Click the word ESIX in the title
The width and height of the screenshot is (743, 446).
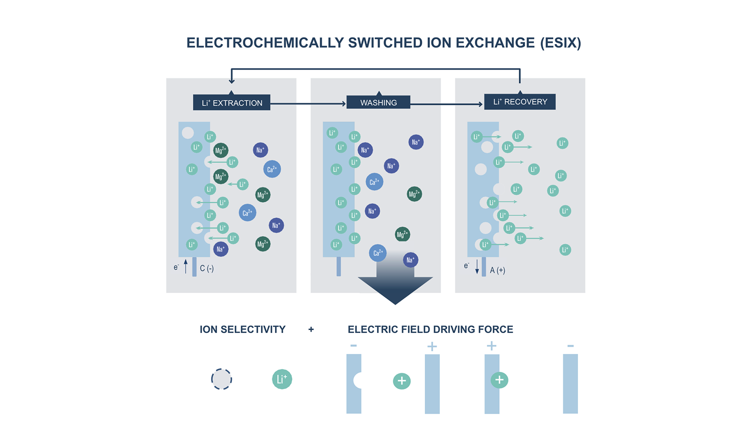[x=560, y=43]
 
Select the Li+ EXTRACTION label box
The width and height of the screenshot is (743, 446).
[x=232, y=103]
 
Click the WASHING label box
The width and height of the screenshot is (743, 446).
[x=378, y=103]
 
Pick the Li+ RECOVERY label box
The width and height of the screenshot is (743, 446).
[x=520, y=102]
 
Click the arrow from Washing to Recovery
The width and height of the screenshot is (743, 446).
[x=446, y=104]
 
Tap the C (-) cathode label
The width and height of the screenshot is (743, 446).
[x=206, y=268]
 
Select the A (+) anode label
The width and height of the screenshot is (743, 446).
[x=497, y=270]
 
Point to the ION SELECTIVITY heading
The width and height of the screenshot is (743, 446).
[x=243, y=329]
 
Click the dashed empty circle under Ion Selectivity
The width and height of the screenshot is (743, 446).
[x=222, y=379]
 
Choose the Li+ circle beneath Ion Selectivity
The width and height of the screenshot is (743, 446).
[x=282, y=379]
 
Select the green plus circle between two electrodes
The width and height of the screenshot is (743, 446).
[x=402, y=381]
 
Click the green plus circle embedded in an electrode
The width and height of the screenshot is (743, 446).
[x=499, y=380]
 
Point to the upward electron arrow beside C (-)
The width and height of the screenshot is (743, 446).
[x=186, y=267]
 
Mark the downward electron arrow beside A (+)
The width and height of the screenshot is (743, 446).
[x=477, y=267]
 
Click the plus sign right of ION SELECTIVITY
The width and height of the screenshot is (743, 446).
[x=311, y=329]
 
